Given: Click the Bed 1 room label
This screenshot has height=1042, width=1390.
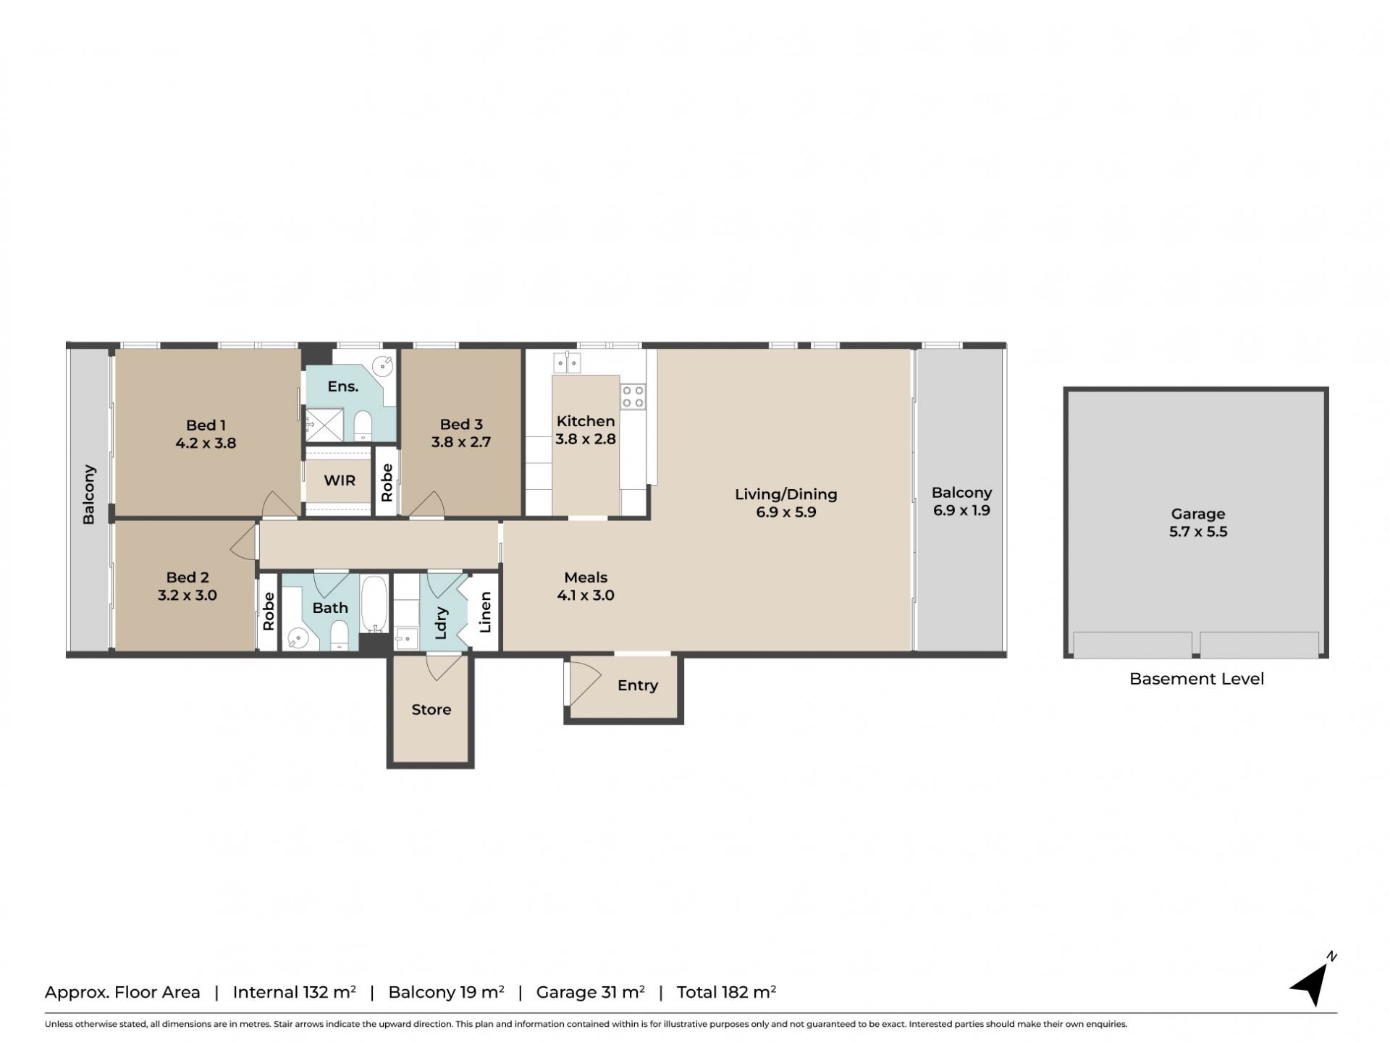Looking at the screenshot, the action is click(x=206, y=433).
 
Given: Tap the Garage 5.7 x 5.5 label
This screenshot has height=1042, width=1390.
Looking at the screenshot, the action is click(x=1197, y=522).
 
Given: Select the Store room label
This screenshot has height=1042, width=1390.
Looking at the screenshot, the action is click(x=431, y=709).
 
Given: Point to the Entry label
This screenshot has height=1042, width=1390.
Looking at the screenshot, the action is click(x=637, y=685).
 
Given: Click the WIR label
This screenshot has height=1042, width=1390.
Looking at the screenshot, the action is click(x=340, y=480).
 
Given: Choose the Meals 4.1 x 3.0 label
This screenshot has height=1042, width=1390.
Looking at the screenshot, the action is click(x=586, y=586).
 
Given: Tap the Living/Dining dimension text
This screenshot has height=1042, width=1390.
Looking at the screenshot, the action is click(x=785, y=512).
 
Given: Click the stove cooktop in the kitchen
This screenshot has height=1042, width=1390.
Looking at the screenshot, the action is click(x=633, y=397).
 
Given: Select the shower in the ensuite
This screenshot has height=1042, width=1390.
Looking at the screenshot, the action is click(x=324, y=425).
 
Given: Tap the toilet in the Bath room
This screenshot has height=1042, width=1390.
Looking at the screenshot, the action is click(x=339, y=635).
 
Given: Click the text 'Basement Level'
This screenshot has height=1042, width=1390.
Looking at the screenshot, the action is click(x=1197, y=679).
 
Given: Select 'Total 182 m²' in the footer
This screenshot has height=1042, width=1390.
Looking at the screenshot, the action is click(x=726, y=991).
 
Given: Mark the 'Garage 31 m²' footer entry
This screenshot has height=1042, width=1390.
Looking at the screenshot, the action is click(x=590, y=991).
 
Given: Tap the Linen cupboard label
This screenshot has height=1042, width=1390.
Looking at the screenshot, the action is click(x=485, y=612).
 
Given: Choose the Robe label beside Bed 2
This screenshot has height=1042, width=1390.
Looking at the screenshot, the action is click(x=269, y=611).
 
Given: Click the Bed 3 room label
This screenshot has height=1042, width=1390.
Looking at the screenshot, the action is click(x=461, y=433).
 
